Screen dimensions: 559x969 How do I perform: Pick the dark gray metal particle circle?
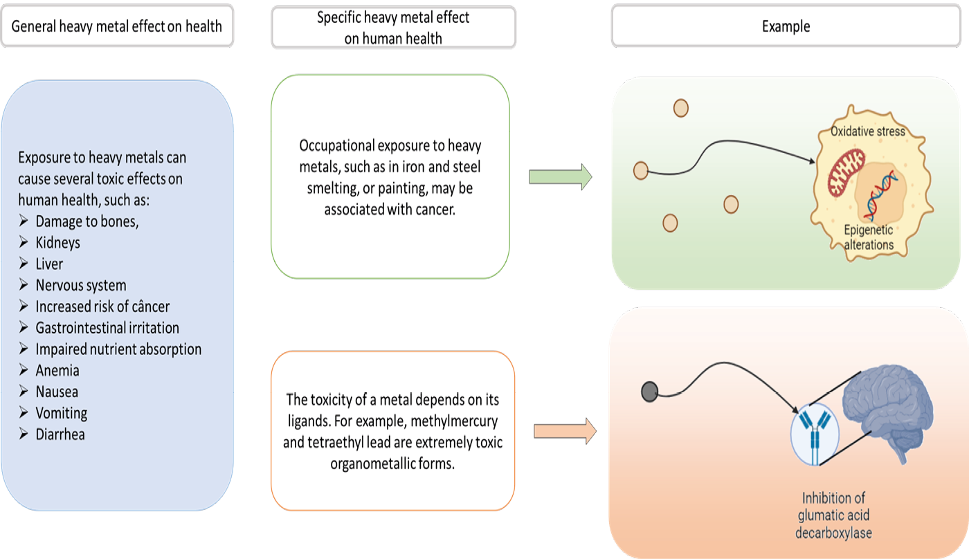[649, 392]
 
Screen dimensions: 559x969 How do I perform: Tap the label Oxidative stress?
[867, 131]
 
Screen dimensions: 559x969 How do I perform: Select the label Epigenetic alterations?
[868, 237]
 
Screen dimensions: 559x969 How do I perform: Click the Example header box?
[786, 27]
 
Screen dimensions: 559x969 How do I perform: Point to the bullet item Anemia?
[57, 370]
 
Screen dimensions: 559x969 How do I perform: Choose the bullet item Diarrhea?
[60, 434]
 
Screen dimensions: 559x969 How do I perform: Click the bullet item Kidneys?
[58, 243]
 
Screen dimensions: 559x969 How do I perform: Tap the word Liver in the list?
[49, 264]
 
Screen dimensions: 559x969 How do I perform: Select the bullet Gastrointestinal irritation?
[107, 328]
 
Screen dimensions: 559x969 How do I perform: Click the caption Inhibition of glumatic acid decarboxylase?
[835, 515]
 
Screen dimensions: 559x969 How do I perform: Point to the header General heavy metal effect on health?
[117, 27]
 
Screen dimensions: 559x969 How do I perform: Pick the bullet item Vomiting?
[62, 413]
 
